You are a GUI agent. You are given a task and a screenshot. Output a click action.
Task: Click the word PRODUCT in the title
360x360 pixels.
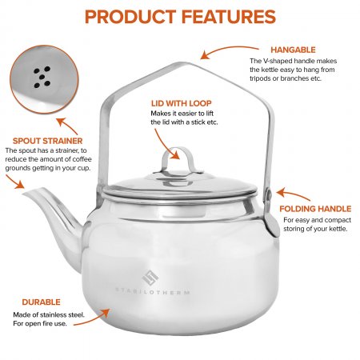130,17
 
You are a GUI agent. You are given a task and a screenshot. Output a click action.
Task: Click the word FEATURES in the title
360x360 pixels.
229,17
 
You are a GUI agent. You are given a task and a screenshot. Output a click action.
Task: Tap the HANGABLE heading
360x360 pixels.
293,50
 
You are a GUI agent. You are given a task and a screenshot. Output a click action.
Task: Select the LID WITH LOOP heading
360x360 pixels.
182,103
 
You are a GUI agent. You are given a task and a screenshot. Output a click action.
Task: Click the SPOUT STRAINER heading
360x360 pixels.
48,141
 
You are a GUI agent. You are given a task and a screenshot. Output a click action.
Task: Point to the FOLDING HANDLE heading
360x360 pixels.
315,209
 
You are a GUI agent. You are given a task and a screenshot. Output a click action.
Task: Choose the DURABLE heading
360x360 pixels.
41,302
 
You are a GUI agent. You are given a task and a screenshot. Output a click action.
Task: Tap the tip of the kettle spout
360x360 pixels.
25,194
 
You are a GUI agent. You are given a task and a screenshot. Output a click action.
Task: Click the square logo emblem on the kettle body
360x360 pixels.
150,278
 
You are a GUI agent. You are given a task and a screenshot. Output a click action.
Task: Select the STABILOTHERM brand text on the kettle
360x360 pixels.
153,291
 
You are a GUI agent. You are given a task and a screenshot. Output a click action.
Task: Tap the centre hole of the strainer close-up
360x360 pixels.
42,77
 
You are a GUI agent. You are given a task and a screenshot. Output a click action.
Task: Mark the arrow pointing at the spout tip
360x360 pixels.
14,181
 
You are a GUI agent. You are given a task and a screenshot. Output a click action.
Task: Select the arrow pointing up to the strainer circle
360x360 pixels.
68,126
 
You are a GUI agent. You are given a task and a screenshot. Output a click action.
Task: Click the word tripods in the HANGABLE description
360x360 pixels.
260,78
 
